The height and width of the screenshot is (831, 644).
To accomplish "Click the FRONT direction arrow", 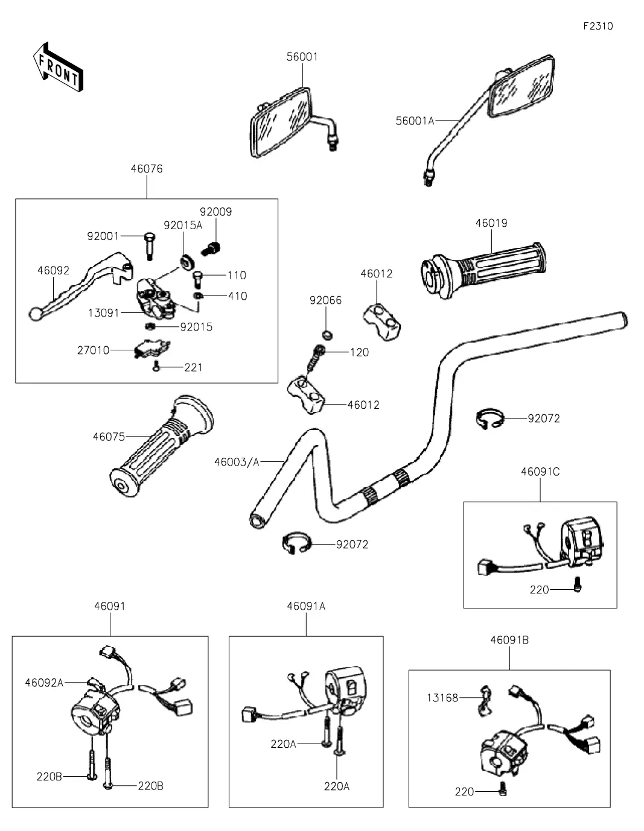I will tap(58, 68).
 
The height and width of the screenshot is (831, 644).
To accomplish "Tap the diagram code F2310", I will tap(598, 26).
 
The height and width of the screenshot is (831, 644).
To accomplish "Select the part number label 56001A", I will tap(415, 121).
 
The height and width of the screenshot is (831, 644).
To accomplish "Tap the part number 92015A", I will tap(183, 225).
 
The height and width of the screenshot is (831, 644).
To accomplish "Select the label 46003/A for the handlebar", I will tap(237, 462).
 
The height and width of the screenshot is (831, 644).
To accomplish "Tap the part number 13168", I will tap(442, 698).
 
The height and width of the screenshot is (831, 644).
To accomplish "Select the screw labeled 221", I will tap(156, 367).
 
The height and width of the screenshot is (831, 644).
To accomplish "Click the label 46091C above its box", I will tap(540, 472).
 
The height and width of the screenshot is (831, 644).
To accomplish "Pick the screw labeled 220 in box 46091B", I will tap(502, 791).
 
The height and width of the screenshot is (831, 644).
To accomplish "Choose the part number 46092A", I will tap(44, 683).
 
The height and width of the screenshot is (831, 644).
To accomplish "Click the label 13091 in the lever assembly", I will tap(103, 313).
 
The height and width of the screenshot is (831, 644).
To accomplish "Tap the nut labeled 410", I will tap(197, 296).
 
